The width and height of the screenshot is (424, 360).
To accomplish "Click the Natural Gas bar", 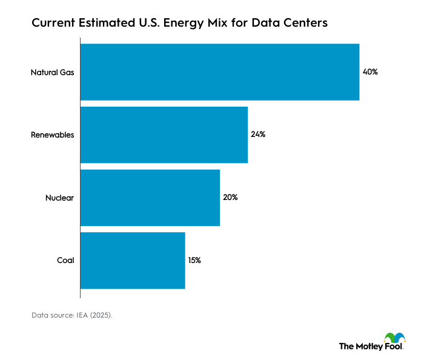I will tap(220, 72).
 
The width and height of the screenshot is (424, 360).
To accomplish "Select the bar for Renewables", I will tap(164, 135).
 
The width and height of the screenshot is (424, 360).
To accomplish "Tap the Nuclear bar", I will tap(150, 198).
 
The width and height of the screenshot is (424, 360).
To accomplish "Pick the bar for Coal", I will tap(133, 260).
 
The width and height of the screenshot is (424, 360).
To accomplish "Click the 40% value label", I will tap(370, 72).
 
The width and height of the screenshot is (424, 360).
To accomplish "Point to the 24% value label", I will tap(258, 135).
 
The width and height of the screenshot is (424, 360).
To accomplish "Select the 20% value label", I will tap(230, 198).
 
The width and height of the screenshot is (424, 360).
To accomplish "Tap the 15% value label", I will tap(194, 260).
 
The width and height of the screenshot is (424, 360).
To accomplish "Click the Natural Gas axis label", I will tap(52, 72).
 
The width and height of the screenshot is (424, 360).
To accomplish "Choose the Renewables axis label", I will tap(52, 135).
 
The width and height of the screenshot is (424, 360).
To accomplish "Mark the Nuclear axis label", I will tap(59, 198).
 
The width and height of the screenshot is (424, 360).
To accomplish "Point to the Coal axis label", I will tap(65, 260).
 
